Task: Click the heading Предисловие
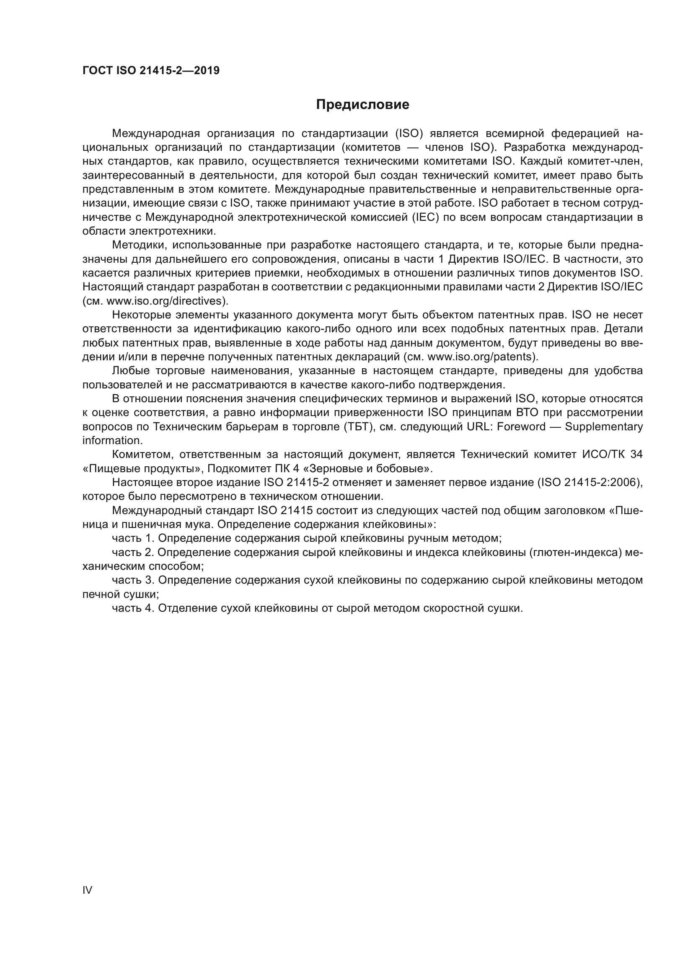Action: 362,105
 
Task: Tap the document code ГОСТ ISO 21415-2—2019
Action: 151,71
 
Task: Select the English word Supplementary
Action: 604,427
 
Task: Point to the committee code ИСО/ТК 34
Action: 612,455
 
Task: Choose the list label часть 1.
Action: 133,538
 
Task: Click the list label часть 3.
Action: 133,580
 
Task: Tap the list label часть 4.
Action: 133,608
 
